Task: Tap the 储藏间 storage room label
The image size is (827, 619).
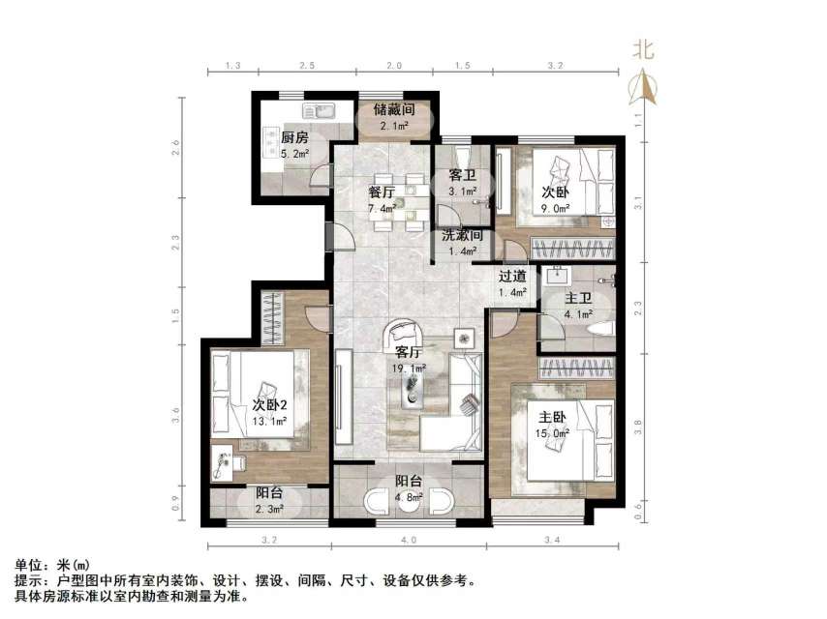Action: pyautogui.click(x=395, y=110)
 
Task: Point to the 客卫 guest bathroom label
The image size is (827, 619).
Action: pyautogui.click(x=461, y=175)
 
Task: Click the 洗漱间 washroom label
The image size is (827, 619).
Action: pyautogui.click(x=462, y=235)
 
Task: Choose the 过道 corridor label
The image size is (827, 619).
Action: pyautogui.click(x=512, y=275)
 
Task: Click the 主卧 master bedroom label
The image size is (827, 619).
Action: pyautogui.click(x=553, y=417)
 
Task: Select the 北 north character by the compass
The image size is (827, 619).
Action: pyautogui.click(x=643, y=50)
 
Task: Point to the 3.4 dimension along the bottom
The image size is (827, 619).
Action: pyautogui.click(x=552, y=540)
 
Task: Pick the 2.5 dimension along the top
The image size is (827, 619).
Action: pyautogui.click(x=306, y=65)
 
